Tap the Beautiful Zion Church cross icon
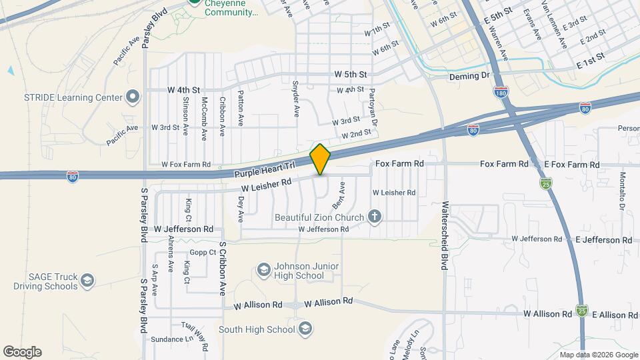375,216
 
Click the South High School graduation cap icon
305,328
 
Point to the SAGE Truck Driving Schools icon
87,281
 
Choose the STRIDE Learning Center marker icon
133,97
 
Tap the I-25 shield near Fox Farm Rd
546,181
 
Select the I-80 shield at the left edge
72,176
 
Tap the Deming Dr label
469,76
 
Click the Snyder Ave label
296,95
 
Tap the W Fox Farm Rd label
186,164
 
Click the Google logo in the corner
22,351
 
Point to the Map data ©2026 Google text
598,355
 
